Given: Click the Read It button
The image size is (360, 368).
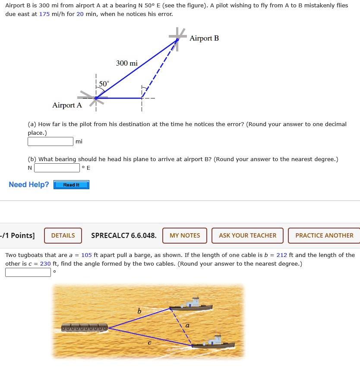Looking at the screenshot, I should click(x=71, y=185).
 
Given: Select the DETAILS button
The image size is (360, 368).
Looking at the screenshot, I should click(x=63, y=235).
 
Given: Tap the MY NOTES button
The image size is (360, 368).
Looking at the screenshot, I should click(x=185, y=235).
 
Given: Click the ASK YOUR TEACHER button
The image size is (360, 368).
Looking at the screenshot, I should click(x=247, y=235).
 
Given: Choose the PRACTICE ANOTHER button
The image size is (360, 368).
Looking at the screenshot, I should click(x=324, y=235).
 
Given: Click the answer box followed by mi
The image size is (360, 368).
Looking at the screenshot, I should click(x=51, y=142).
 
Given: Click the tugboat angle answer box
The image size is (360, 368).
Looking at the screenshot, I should click(x=28, y=273).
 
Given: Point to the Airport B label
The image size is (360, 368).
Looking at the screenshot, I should click(x=204, y=38).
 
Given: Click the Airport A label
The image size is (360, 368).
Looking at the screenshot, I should click(x=67, y=105).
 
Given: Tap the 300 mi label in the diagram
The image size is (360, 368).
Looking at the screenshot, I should click(x=127, y=63).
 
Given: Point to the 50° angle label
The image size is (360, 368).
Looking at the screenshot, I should click(x=104, y=83).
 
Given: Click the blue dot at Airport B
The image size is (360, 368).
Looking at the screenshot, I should click(x=177, y=40).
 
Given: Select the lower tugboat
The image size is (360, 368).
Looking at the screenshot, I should click(x=213, y=342).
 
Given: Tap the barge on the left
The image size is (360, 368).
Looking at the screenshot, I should click(x=85, y=327).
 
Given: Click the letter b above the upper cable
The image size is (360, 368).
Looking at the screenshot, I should click(x=139, y=311).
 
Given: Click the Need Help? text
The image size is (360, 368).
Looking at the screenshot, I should click(x=29, y=185).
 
